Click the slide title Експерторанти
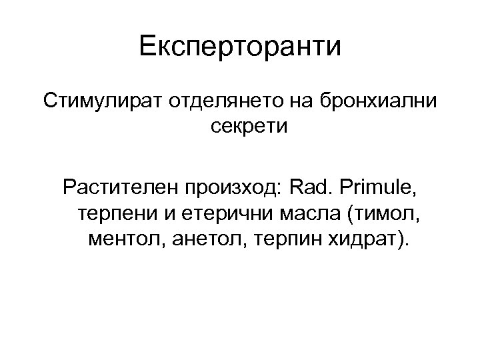[240, 47]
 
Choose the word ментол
[123, 239]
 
